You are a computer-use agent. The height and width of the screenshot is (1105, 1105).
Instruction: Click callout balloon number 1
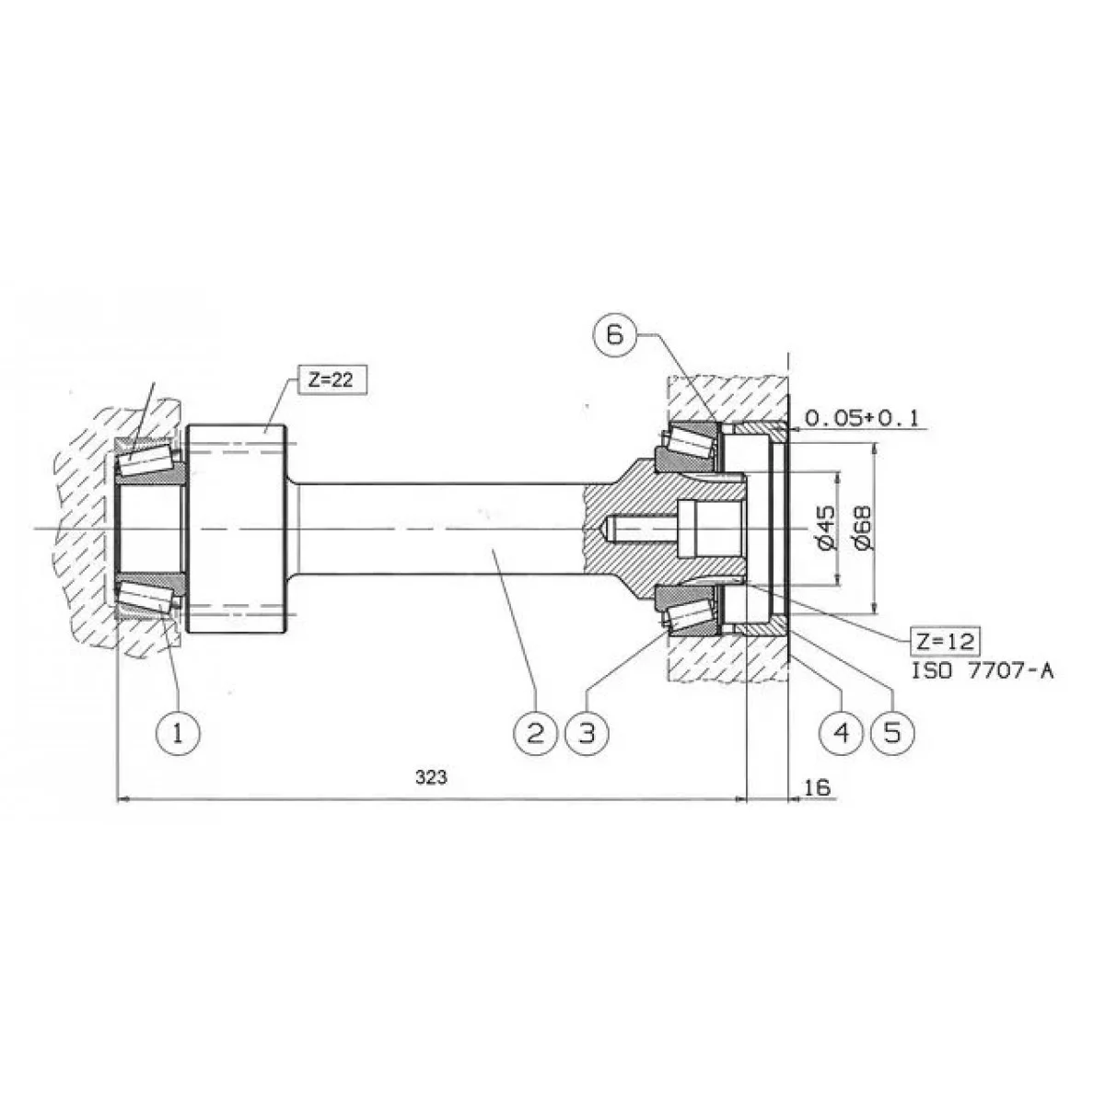click(x=178, y=733)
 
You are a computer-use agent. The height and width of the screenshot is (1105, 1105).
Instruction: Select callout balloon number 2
click(x=536, y=733)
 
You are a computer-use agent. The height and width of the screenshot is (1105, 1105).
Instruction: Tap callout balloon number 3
click(x=587, y=733)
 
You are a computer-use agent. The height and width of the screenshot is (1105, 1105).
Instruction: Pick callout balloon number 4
click(x=842, y=733)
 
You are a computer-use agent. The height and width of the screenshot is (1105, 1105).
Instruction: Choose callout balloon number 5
click(x=893, y=733)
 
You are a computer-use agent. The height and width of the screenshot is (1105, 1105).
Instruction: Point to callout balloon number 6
click(x=614, y=334)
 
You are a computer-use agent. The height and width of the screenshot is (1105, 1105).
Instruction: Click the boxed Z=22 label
click(x=331, y=379)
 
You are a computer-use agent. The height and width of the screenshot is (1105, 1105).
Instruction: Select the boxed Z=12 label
click(x=945, y=642)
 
